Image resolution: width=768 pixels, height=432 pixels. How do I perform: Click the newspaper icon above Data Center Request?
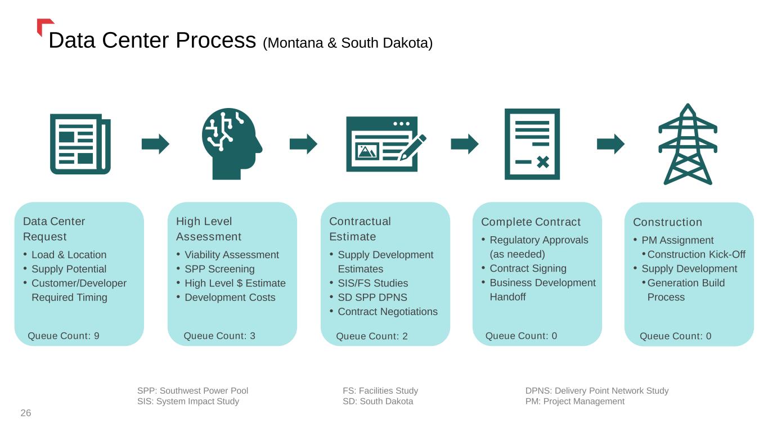click(x=80, y=144)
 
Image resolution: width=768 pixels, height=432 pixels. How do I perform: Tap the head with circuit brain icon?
click(x=231, y=144)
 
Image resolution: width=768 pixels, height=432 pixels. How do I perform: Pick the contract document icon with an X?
click(x=532, y=144)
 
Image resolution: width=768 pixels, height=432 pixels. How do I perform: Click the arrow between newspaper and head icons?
click(x=155, y=144)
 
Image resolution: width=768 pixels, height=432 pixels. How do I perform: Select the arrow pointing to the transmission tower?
click(x=610, y=144)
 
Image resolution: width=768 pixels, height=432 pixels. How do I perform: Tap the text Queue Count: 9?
click(x=64, y=336)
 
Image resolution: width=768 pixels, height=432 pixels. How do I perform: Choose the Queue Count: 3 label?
click(x=219, y=336)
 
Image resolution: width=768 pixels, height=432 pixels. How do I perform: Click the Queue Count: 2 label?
click(x=372, y=336)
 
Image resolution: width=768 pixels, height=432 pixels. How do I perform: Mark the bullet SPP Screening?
click(x=219, y=269)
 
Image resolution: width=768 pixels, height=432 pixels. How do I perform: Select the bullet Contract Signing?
click(x=528, y=268)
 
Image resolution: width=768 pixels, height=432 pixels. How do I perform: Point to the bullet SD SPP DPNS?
click(x=372, y=297)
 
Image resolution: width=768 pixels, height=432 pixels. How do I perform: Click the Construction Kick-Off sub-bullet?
click(x=696, y=254)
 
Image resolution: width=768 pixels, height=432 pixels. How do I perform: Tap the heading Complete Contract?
click(x=531, y=222)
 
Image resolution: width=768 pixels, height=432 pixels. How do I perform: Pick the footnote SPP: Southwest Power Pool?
click(x=192, y=390)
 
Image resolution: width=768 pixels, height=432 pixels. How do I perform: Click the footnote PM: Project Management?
click(x=574, y=401)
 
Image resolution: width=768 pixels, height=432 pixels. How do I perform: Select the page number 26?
click(x=26, y=413)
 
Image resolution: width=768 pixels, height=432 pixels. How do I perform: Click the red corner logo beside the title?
click(x=43, y=25)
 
